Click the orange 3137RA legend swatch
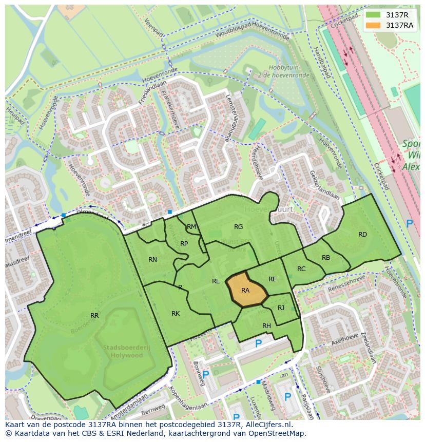click(374, 25)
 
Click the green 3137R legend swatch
click(374, 15)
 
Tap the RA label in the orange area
click(245, 291)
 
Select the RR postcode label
click(94, 315)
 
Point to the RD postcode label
click(362, 235)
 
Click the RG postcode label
click(238, 227)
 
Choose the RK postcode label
click(176, 313)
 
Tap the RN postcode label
click(152, 260)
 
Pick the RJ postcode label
click(281, 308)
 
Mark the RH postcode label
click(266, 326)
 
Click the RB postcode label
click(326, 258)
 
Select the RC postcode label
click(301, 269)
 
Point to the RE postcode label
click(273, 279)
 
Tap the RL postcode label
click(216, 281)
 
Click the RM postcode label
click(191, 227)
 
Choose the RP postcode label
click(184, 244)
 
